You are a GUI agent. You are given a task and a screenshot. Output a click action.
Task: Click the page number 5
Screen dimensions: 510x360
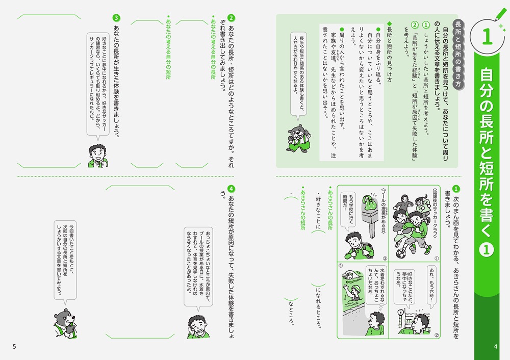click(14, 347)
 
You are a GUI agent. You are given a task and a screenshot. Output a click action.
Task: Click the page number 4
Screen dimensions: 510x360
click(495, 347)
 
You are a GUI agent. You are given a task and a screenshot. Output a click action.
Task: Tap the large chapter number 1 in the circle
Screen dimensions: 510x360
click(487, 36)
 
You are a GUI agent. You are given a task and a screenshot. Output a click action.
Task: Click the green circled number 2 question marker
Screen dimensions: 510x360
click(231, 18)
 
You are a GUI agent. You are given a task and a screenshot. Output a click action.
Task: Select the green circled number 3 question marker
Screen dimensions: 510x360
click(116, 18)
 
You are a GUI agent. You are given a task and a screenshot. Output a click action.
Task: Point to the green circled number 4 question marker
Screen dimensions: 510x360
click(231, 189)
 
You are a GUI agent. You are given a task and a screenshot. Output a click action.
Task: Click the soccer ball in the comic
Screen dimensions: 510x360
click(401, 253)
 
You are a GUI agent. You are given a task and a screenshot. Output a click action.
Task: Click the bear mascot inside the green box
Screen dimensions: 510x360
click(298, 138)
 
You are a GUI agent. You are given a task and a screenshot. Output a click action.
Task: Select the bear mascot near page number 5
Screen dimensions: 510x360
click(65, 324)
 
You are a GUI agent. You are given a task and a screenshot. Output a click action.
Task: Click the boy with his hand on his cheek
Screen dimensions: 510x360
click(199, 327)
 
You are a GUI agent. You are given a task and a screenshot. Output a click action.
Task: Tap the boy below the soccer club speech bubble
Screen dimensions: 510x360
click(98, 156)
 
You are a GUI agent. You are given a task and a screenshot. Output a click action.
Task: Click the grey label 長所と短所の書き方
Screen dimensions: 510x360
click(458, 54)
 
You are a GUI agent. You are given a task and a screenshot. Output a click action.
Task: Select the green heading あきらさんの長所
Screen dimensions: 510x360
click(330, 208)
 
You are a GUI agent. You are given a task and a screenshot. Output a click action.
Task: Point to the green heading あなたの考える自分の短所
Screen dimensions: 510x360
click(168, 47)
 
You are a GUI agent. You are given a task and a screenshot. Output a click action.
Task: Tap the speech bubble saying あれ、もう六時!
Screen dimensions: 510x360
click(431, 284)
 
